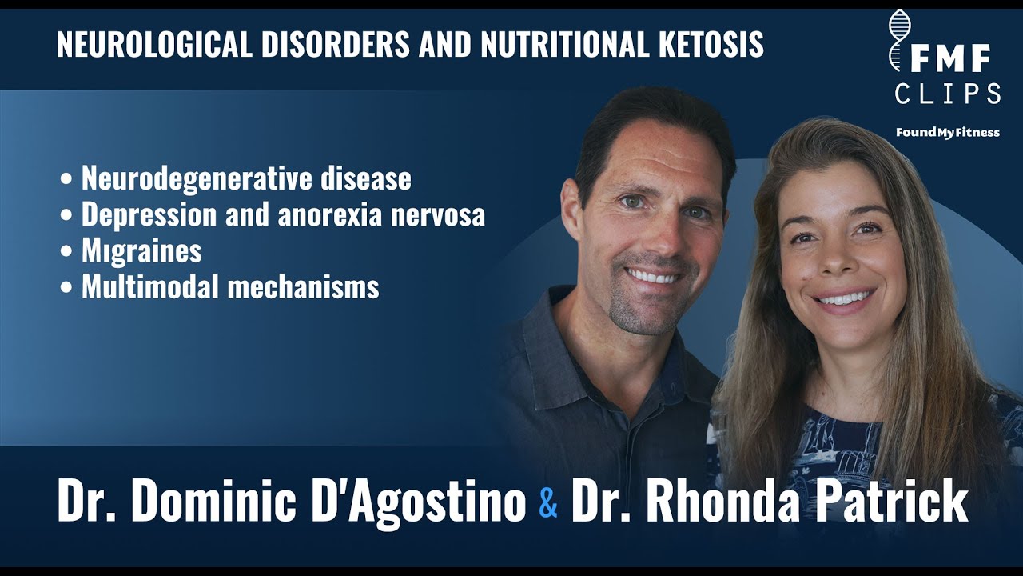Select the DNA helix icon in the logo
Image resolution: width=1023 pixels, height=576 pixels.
[899, 40]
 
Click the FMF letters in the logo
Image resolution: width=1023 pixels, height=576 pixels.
[950, 58]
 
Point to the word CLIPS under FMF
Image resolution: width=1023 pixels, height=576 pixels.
[948, 94]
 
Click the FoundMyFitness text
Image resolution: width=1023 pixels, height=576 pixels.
[948, 133]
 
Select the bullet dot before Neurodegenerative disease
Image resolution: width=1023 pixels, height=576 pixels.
[66, 178]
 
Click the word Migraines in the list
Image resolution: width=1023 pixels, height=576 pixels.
[141, 250]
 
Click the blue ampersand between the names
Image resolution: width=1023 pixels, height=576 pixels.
[548, 502]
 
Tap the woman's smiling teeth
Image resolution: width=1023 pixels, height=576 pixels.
[845, 299]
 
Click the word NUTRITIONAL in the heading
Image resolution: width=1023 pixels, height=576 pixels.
[564, 44]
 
